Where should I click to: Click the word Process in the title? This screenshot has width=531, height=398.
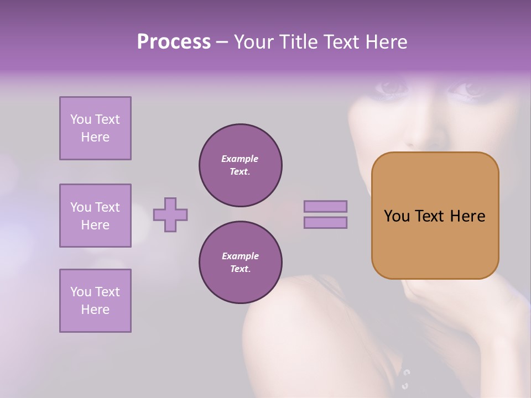174,42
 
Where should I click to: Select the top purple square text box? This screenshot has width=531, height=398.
95,128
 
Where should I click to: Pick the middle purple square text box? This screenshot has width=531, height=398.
95,216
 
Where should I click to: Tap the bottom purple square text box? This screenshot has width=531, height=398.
95,301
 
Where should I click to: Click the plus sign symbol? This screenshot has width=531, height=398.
170,214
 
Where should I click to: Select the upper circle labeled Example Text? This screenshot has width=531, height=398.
241,165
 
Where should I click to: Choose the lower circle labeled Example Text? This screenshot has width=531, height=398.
241,263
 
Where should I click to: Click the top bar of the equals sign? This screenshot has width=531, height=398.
326,207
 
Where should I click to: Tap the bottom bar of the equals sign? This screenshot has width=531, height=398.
326,222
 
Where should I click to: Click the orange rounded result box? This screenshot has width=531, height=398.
435,216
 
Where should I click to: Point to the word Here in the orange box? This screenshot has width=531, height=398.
467,216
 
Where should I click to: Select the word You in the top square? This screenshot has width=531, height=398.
81,119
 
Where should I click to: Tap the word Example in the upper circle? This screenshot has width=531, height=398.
240,159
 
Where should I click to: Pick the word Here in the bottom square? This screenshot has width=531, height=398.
95,310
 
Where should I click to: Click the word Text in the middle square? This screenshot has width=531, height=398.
107,207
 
